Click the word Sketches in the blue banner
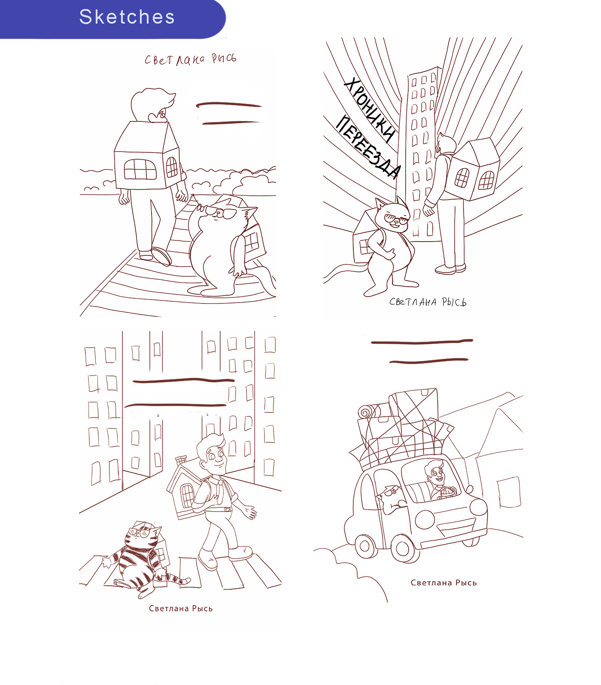127,17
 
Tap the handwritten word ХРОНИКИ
369,109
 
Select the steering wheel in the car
448,492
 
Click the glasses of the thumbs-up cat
397,220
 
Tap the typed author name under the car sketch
443,583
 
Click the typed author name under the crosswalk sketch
181,609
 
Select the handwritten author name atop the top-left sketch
190,59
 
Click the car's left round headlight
425,519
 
